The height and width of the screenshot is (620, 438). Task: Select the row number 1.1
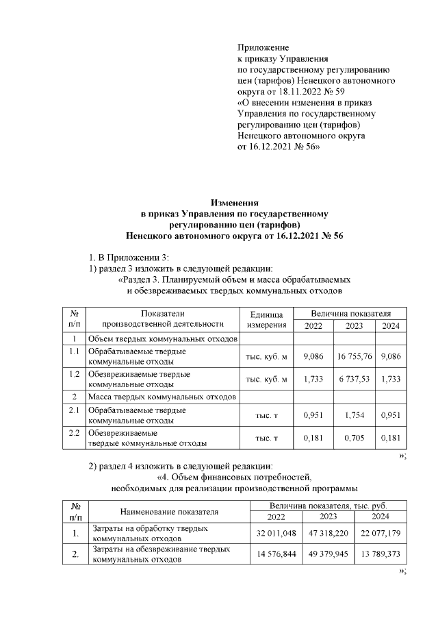click(74, 351)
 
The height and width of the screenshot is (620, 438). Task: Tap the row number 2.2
click(74, 432)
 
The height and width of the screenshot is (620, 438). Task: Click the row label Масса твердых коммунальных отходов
click(161, 397)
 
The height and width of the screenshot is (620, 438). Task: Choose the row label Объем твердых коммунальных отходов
click(162, 338)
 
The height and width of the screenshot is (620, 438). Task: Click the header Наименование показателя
click(169, 511)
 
